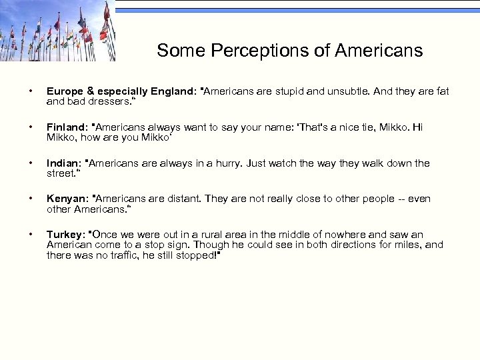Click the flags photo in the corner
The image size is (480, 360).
[57, 31]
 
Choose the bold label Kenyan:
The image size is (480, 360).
[67, 199]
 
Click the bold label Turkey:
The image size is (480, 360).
[66, 235]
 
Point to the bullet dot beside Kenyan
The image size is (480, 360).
[25, 199]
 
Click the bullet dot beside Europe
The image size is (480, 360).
[25, 91]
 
